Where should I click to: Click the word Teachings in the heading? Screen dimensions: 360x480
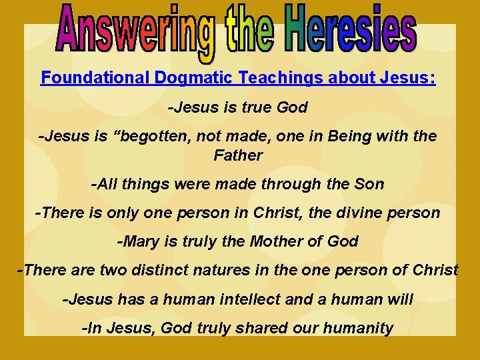tap(282, 78)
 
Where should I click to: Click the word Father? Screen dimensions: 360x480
tap(238, 155)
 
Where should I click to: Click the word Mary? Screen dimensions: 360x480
tap(139, 241)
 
